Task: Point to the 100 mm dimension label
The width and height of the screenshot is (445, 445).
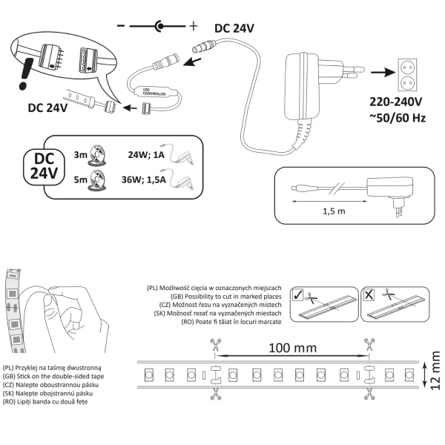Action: (x=292, y=347)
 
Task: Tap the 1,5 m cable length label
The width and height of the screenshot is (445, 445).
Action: (x=336, y=211)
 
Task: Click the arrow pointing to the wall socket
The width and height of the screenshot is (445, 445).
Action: (x=380, y=73)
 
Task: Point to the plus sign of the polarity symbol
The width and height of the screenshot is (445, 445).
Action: (x=194, y=26)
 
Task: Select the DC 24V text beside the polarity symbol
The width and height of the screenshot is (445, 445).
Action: (x=234, y=27)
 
